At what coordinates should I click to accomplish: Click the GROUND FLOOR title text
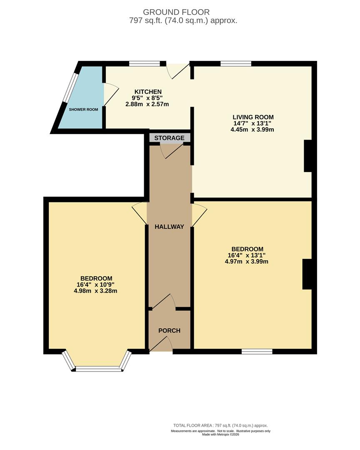[x=176, y=12]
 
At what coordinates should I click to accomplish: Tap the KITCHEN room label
[x=148, y=92]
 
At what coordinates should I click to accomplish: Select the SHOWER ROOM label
[x=83, y=109]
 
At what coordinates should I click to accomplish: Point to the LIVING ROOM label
[x=253, y=117]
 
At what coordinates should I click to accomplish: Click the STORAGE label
[x=170, y=138]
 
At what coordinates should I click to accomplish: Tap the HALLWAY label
[x=170, y=227]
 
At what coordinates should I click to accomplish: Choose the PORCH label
[x=170, y=330]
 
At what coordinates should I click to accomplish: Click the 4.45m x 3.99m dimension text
[x=252, y=130]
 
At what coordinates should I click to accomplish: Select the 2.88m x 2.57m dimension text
[x=147, y=104]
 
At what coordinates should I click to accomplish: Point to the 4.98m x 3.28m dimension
[x=95, y=291]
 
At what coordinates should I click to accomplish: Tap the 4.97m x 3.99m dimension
[x=247, y=261]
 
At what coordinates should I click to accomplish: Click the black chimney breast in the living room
[x=308, y=156]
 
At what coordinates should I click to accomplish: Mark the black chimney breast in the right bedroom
[x=307, y=274]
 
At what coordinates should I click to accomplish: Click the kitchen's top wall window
[x=145, y=64]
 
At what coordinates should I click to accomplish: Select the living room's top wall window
[x=236, y=64]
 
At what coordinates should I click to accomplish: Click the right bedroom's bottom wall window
[x=257, y=351]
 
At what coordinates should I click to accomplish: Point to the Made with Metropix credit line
[x=220, y=435]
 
